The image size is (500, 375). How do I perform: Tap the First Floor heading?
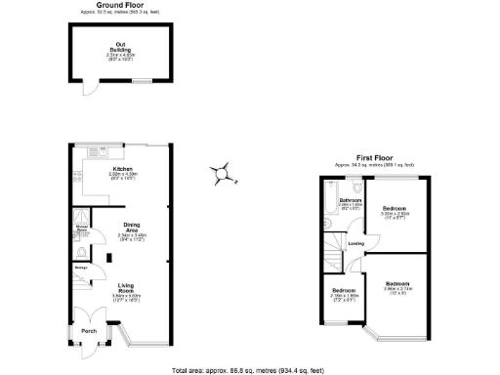[375, 156]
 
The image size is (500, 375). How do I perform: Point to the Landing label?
[357, 243]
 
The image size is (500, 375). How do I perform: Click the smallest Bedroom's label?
[343, 290]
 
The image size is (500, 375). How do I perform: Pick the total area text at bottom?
[249, 370]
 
